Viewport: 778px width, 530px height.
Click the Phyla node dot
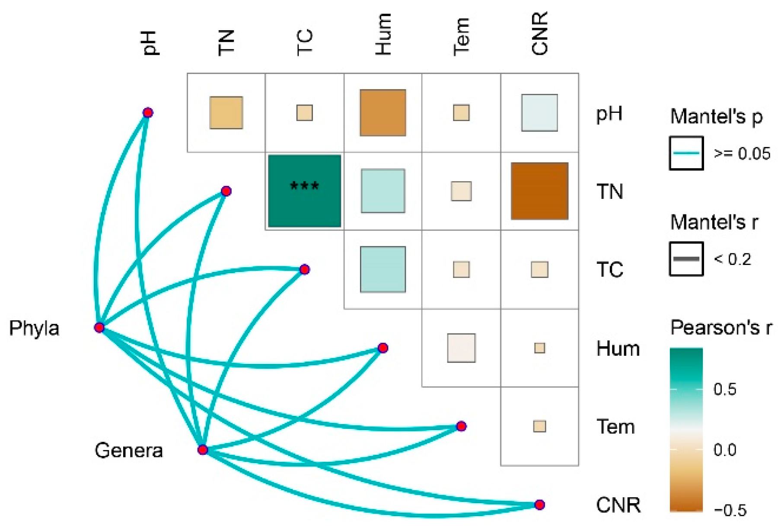point(99,327)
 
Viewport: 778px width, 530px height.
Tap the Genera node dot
point(203,450)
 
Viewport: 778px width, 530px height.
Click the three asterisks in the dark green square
point(304,186)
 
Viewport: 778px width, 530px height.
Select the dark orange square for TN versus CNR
point(539,191)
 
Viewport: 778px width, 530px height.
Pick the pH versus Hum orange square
point(383,113)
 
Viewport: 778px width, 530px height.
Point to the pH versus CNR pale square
point(539,113)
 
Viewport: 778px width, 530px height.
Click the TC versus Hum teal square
point(383,269)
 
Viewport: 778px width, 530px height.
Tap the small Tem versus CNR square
point(539,426)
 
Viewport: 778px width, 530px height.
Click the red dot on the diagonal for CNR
point(539,504)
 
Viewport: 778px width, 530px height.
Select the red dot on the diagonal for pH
point(148,113)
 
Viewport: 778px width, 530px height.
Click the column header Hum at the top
point(383,35)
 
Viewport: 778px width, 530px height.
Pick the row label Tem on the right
point(615,427)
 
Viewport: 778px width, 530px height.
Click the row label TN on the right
point(609,192)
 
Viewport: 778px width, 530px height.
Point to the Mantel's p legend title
point(716,117)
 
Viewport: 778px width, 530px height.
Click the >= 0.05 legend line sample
point(686,153)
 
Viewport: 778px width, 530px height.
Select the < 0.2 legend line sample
point(686,259)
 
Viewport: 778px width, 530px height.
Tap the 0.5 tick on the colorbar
point(725,389)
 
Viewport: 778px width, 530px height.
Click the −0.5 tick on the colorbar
point(730,510)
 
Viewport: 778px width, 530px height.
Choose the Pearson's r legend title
point(721,328)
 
